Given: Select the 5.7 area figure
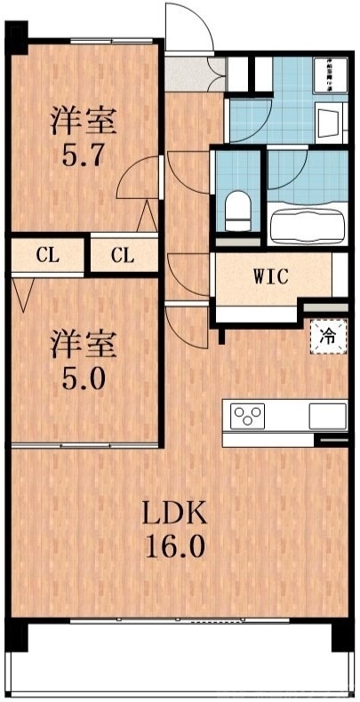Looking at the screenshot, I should (84, 156).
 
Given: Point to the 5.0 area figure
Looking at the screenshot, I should (84, 380).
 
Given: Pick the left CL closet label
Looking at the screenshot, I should (48, 256).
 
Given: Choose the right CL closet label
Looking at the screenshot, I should (123, 256).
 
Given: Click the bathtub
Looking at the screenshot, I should (307, 224).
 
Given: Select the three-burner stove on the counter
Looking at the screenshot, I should (248, 415).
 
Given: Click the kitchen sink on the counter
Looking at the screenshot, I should (326, 415).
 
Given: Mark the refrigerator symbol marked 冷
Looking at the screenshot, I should (326, 338).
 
